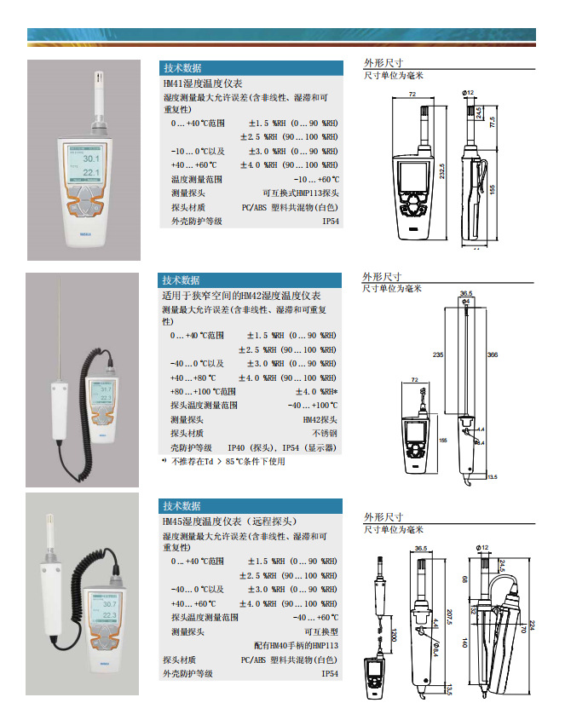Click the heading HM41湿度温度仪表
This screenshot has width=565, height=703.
coord(203,84)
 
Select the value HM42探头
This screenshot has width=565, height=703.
coord(320,420)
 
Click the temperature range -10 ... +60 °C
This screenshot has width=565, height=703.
coord(316,180)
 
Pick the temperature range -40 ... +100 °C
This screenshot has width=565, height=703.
coord(313,406)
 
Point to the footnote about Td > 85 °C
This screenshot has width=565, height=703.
coord(228,462)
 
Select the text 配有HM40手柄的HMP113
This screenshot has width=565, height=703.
coord(296,646)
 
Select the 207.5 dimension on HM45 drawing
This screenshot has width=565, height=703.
coord(448,617)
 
